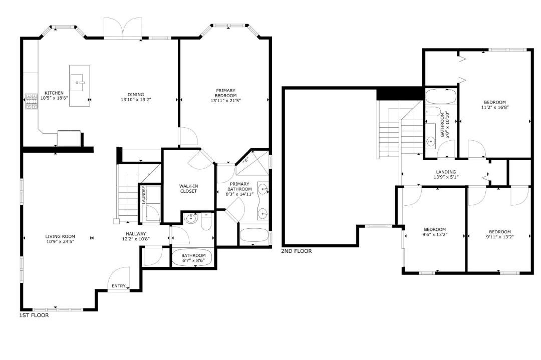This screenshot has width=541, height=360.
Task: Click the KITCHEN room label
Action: click(x=54, y=93)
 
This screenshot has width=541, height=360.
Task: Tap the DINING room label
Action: click(x=136, y=95)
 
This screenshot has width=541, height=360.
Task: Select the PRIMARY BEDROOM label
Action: click(x=225, y=93)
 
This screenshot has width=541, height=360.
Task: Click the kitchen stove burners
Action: click(x=32, y=102)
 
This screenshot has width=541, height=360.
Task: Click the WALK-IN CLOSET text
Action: click(x=188, y=189)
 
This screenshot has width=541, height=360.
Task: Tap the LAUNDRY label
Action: click(x=144, y=196)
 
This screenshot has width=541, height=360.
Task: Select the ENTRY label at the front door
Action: click(x=119, y=286)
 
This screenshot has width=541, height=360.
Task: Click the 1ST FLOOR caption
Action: click(x=34, y=315)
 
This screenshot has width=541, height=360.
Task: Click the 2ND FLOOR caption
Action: click(x=297, y=251)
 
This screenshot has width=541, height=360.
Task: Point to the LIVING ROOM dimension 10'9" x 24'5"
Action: click(x=60, y=241)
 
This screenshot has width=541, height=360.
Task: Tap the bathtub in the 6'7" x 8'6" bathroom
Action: click(x=193, y=257)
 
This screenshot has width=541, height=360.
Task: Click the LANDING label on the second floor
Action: click(x=446, y=172)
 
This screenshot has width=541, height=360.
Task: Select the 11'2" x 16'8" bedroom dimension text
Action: click(x=495, y=107)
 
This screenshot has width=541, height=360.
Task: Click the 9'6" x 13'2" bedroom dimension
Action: click(x=435, y=234)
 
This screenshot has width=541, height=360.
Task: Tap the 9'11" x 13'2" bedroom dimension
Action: click(x=499, y=236)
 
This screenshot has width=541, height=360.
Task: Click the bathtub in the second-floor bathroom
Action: click(x=441, y=97)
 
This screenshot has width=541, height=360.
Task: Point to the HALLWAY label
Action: click(x=136, y=234)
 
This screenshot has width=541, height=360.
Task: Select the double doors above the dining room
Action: click(x=123, y=29)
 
